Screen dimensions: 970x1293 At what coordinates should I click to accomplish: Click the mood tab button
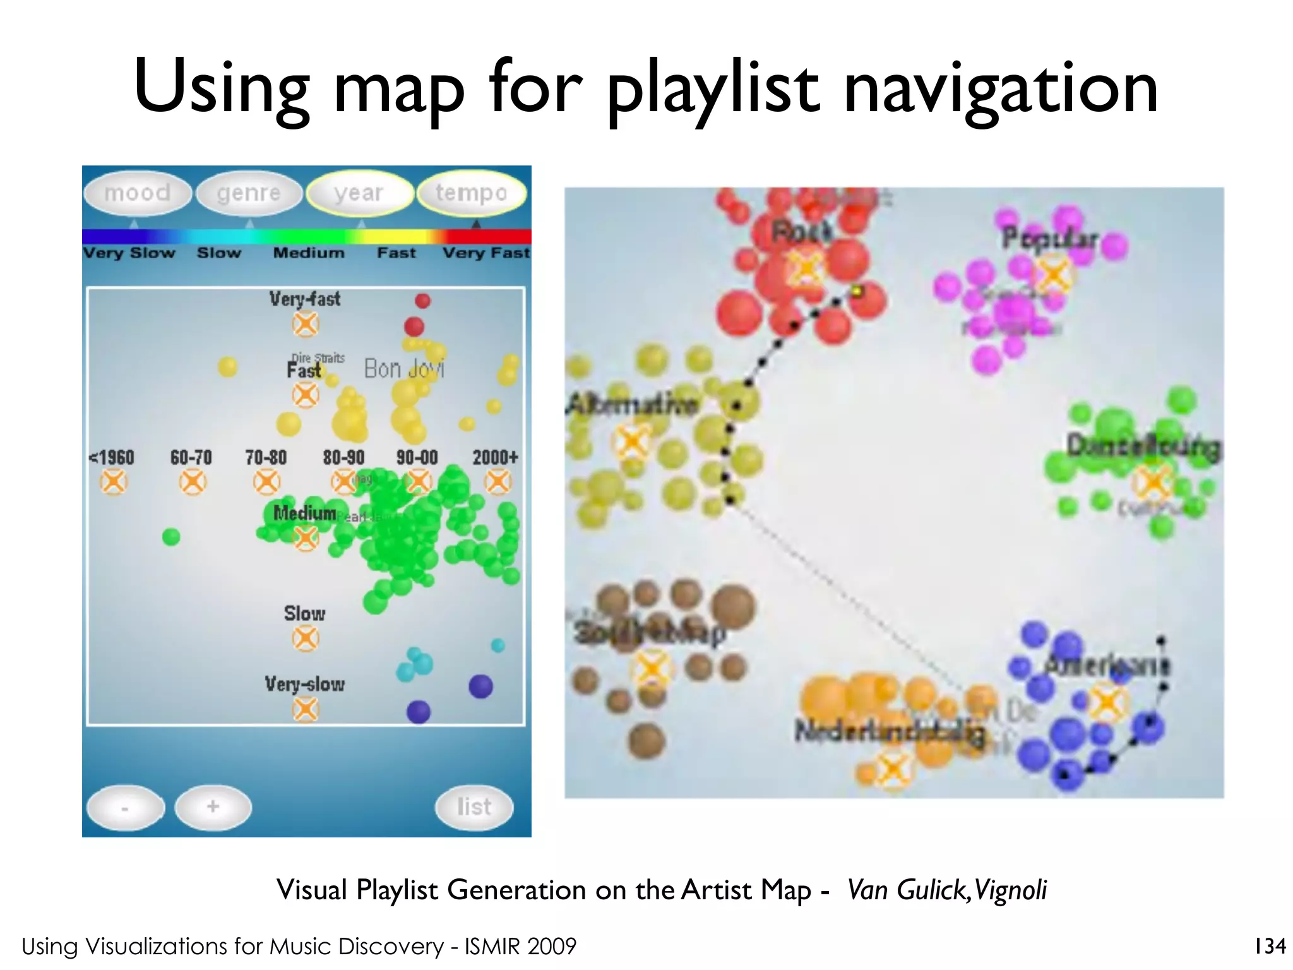[x=138, y=193]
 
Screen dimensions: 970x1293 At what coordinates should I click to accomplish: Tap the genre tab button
[x=249, y=193]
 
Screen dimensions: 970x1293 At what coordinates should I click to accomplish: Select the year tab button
[x=359, y=193]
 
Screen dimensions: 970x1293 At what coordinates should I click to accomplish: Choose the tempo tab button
[x=471, y=193]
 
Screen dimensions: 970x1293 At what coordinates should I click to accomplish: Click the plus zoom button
[x=213, y=806]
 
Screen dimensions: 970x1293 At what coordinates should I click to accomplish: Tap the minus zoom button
[x=125, y=807]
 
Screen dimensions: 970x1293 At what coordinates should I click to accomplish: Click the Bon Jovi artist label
[x=404, y=368]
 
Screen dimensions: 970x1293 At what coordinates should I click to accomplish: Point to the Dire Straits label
[x=318, y=358]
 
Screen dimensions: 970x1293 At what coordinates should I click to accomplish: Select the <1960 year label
[x=112, y=457]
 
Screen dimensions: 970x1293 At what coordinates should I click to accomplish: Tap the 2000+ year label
[x=496, y=457]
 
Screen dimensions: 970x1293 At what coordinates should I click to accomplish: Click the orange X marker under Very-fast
[x=306, y=325]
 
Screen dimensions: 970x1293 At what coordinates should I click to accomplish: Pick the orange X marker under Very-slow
[x=306, y=709]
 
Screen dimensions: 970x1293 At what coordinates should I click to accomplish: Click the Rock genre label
[x=802, y=232]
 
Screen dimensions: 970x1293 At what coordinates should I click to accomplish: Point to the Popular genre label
[x=1050, y=239]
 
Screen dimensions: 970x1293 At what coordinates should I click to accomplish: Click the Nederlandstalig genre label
[x=889, y=733]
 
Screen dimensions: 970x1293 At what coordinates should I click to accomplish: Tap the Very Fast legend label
[x=486, y=253]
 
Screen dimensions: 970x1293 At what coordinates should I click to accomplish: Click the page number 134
[x=1270, y=946]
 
